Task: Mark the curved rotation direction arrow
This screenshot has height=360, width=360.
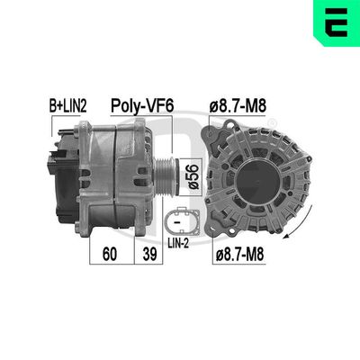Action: pyautogui.click(x=303, y=229)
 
